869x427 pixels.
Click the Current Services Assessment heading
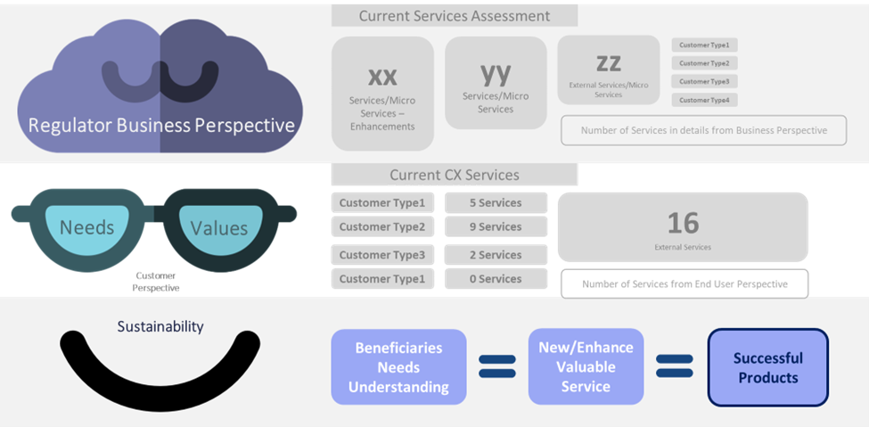pyautogui.click(x=454, y=15)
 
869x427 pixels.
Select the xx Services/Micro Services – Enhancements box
pyautogui.click(x=382, y=94)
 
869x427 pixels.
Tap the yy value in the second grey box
pyautogui.click(x=496, y=72)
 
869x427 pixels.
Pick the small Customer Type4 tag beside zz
pyautogui.click(x=704, y=100)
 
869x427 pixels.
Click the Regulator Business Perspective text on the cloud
pyautogui.click(x=161, y=126)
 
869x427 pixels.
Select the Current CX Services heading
pyautogui.click(x=454, y=175)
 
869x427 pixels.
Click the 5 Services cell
pyautogui.click(x=496, y=202)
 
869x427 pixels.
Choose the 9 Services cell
pyautogui.click(x=496, y=226)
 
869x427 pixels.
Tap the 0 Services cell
pyautogui.click(x=496, y=279)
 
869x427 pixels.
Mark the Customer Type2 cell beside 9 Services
pyautogui.click(x=388, y=226)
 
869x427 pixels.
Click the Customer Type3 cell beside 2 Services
pyautogui.click(x=388, y=255)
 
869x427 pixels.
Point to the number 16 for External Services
pyautogui.click(x=683, y=222)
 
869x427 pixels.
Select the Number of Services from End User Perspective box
pyautogui.click(x=684, y=283)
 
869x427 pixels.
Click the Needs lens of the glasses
pyautogui.click(x=86, y=227)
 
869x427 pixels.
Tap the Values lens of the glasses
pyautogui.click(x=218, y=228)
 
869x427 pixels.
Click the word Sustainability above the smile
pyautogui.click(x=160, y=327)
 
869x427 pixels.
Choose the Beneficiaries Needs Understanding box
pyautogui.click(x=398, y=367)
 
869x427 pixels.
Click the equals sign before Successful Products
pyautogui.click(x=675, y=366)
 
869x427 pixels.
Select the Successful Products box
pyautogui.click(x=767, y=367)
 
